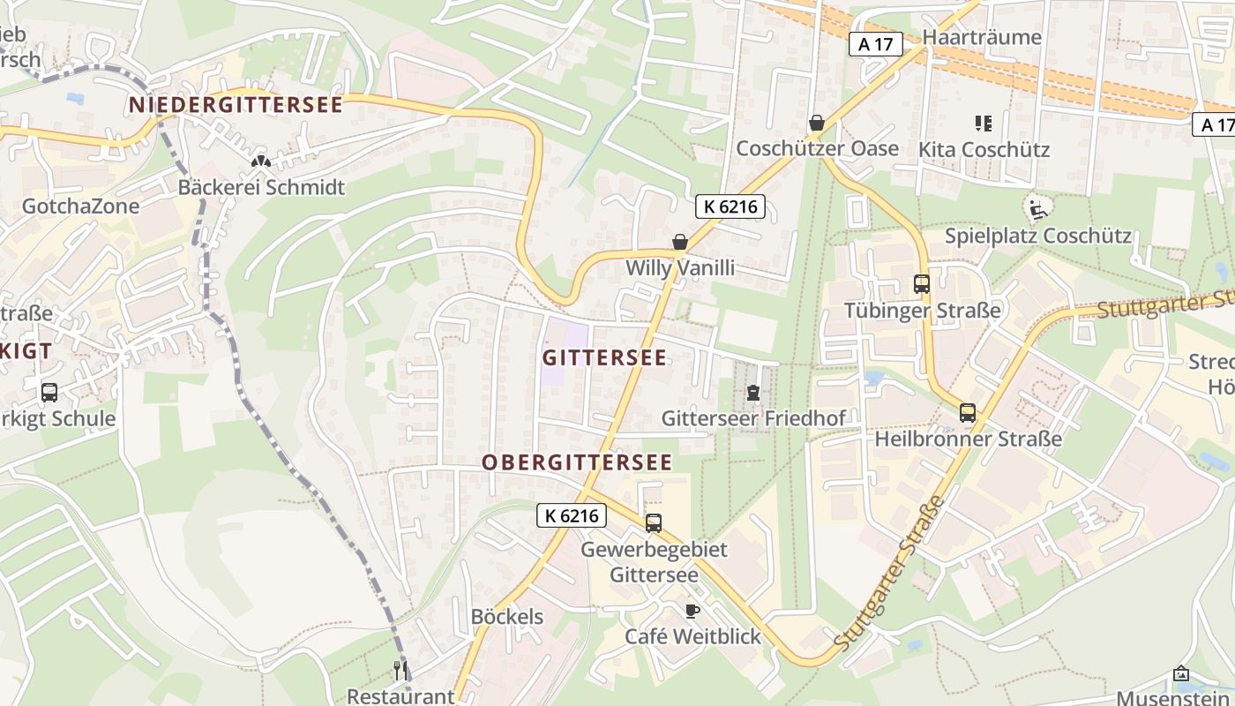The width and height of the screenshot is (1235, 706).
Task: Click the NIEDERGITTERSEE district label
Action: (x=236, y=105)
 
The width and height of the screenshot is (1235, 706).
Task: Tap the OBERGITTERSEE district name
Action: (x=577, y=462)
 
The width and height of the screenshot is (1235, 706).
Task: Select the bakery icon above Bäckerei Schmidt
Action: (x=260, y=161)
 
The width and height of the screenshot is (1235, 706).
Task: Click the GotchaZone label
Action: (x=80, y=207)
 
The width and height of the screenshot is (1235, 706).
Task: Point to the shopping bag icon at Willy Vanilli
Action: (x=680, y=241)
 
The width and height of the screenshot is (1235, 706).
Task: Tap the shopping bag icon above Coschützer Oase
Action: (x=817, y=123)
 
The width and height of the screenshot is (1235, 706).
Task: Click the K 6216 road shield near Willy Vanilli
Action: (x=730, y=207)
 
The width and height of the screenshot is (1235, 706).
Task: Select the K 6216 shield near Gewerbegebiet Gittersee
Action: (x=572, y=515)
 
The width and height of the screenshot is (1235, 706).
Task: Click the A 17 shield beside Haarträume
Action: (x=876, y=44)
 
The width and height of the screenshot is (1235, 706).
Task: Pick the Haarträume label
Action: (x=982, y=37)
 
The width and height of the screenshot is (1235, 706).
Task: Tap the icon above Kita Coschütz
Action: (x=984, y=124)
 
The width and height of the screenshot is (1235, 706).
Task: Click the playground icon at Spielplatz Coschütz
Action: (x=1038, y=209)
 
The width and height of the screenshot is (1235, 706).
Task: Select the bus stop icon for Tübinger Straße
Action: (x=922, y=284)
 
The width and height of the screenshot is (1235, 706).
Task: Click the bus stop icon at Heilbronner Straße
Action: (x=968, y=412)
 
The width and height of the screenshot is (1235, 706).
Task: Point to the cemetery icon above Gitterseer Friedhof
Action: (x=753, y=392)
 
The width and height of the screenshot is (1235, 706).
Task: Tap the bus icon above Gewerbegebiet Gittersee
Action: (x=654, y=522)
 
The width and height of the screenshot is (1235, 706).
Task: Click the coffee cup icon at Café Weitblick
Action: (x=692, y=610)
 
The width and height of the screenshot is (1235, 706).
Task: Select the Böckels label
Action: (x=507, y=617)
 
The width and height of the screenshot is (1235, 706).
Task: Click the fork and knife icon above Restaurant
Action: (x=400, y=670)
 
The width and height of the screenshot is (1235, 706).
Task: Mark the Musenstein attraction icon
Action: (x=1181, y=674)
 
